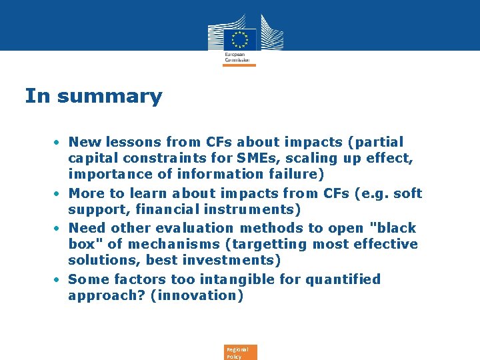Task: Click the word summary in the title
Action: click(109, 97)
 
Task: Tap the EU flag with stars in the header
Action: click(240, 38)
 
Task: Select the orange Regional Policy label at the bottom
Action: click(239, 353)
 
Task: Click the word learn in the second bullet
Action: click(149, 193)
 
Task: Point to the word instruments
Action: click(256, 209)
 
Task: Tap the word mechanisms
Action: click(166, 244)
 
